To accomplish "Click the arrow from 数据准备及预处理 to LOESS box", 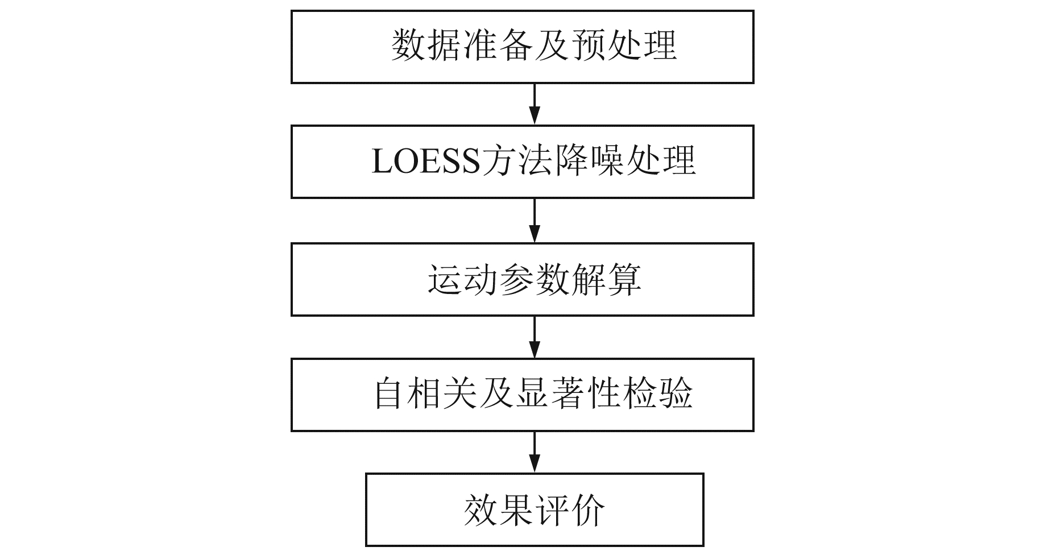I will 534,104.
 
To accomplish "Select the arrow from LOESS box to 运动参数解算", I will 534,221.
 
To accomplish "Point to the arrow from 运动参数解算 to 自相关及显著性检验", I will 534,337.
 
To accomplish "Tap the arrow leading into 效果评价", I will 534,452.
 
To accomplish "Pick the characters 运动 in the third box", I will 462,280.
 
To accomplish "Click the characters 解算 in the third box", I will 606,280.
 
